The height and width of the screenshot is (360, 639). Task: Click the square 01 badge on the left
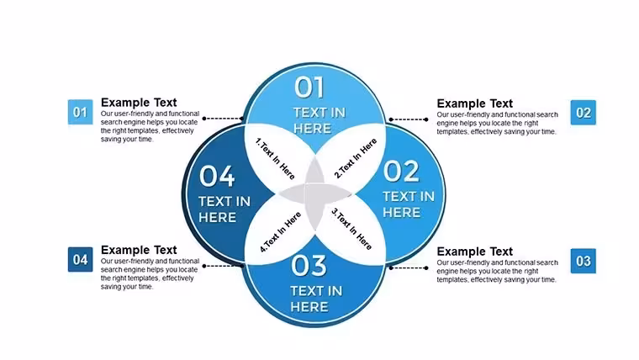click(80, 112)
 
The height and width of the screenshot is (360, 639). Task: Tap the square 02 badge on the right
click(584, 113)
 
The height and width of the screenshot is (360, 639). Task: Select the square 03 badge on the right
click(584, 261)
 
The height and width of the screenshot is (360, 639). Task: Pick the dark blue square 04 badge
click(80, 260)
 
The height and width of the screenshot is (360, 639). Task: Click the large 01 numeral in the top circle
click(309, 87)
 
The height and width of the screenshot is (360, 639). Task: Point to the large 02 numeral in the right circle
click(401, 172)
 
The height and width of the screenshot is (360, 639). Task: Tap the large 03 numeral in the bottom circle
click(309, 266)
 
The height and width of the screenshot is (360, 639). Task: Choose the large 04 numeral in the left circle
click(217, 176)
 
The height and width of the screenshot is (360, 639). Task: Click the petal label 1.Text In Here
click(275, 159)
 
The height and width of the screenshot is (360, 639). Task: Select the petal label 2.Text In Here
click(356, 158)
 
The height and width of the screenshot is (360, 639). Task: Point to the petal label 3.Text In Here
click(351, 229)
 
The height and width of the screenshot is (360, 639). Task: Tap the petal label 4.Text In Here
click(280, 232)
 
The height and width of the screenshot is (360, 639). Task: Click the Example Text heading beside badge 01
click(139, 103)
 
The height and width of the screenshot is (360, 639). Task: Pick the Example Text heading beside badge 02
click(475, 103)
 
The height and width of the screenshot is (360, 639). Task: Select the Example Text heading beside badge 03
click(475, 251)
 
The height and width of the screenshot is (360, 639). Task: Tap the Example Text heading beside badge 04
click(139, 250)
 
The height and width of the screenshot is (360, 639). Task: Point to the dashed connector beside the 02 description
click(408, 119)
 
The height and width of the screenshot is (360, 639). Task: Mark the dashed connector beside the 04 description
click(223, 266)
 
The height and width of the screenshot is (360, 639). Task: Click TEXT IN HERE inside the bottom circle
click(316, 299)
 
